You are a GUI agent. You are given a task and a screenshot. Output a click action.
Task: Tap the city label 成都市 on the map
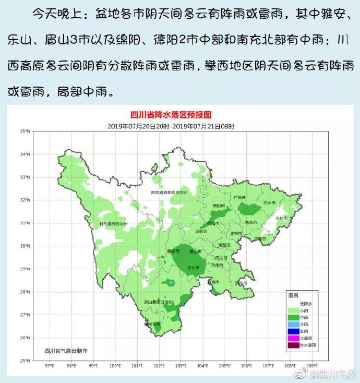201,231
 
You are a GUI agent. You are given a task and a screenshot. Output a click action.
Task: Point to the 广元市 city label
239,198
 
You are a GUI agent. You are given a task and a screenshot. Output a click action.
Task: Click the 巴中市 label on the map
269,202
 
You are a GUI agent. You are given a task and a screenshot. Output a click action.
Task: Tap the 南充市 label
251,222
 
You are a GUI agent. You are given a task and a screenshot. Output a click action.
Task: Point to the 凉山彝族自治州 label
159,302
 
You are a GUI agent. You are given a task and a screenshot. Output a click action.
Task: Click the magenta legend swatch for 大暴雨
295,338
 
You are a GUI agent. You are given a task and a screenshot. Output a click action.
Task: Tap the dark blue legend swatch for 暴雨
295,331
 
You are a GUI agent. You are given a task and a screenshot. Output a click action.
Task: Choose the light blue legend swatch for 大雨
295,324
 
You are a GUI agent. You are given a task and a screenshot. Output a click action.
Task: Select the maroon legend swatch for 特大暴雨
295,345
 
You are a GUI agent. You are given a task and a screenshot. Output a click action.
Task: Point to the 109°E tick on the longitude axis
312,365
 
